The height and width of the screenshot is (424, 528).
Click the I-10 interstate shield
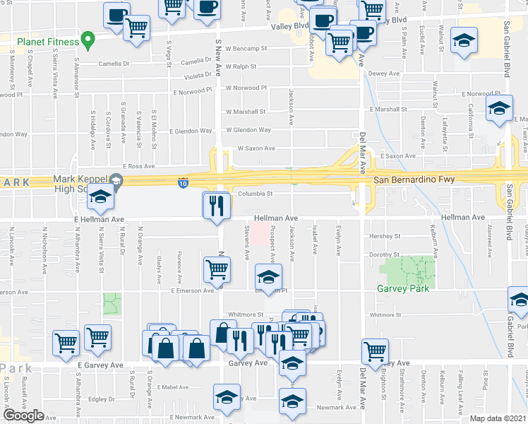(182, 182)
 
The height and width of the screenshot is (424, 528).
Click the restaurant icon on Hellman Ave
(217, 206)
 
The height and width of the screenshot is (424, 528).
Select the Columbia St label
(254, 193)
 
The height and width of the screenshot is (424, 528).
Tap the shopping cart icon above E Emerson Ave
(217, 269)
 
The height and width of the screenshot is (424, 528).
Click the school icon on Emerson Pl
(268, 276)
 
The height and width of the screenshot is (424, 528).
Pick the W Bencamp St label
(246, 49)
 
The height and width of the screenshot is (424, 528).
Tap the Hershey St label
(385, 236)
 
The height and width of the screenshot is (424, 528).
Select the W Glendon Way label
(248, 130)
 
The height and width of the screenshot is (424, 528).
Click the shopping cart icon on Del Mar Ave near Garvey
(375, 351)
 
